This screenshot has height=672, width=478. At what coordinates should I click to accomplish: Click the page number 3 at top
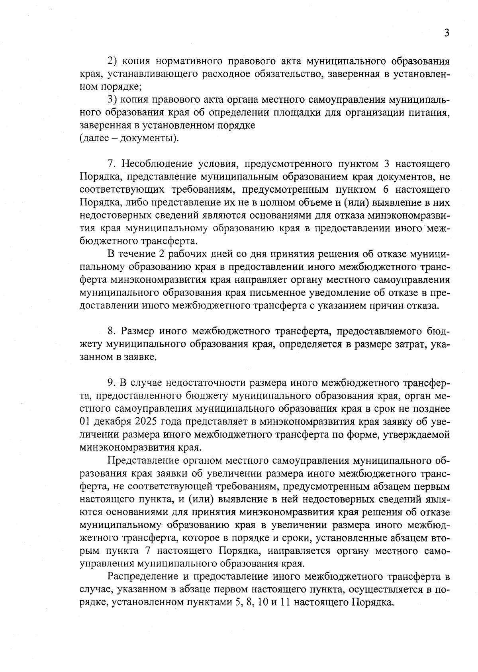point(447,33)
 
